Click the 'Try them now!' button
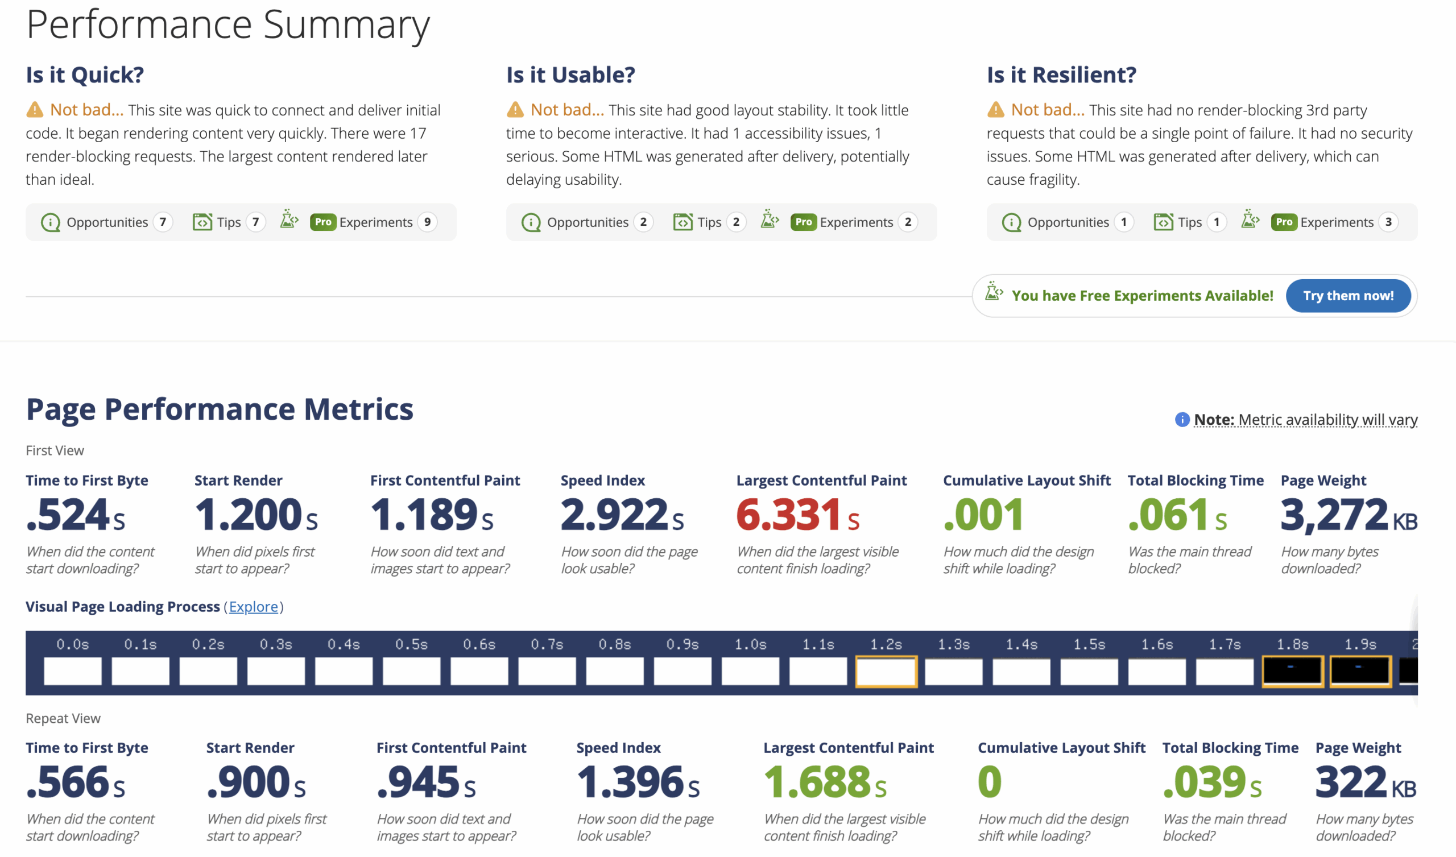coord(1347,295)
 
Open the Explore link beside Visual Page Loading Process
coord(253,606)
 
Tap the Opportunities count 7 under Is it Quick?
coord(163,222)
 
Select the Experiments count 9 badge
coord(427,222)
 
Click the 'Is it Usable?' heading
coord(570,74)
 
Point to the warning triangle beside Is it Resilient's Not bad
coord(995,109)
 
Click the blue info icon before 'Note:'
coord(1181,420)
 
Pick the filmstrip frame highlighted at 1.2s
coord(886,671)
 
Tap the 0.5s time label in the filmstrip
coord(411,644)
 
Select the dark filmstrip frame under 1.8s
coord(1292,671)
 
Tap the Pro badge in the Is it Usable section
coord(803,222)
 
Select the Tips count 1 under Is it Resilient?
coord(1216,222)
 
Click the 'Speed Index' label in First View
coord(602,480)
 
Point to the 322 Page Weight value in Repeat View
coord(1350,782)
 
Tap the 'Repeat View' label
coord(63,718)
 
